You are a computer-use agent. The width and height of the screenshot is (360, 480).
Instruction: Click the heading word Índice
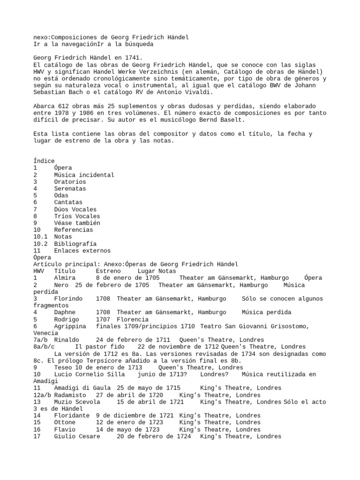point(44,161)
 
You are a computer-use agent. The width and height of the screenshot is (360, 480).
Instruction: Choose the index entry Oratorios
point(70,181)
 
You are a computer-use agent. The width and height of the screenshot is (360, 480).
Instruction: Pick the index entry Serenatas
point(70,188)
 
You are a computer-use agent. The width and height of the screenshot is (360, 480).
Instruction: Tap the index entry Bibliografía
point(75,244)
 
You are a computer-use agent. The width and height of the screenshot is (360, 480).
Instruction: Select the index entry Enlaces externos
point(82,251)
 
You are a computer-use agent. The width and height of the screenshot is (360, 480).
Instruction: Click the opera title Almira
point(65,278)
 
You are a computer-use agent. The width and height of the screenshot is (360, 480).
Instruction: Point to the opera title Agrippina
point(70,326)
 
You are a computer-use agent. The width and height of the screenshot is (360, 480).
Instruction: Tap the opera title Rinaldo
point(67,340)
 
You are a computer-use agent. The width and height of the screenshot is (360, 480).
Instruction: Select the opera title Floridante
point(72,416)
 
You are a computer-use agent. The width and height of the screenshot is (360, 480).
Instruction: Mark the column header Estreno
point(108,271)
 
